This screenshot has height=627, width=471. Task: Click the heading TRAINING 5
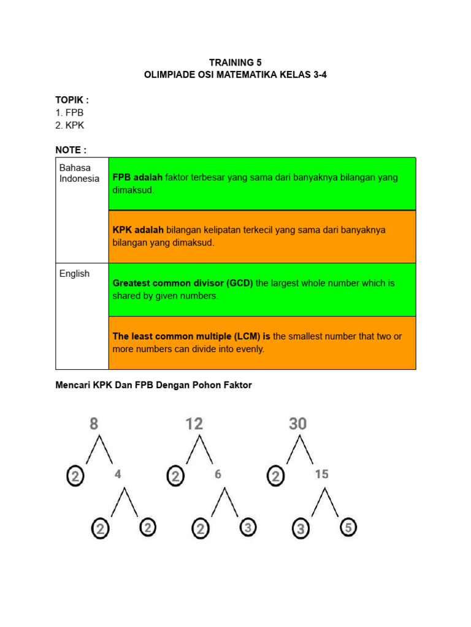231,62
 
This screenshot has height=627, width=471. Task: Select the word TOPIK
70,100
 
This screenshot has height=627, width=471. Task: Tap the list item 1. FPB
69,113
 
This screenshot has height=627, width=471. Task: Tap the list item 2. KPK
70,126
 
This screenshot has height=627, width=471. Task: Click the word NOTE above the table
69,150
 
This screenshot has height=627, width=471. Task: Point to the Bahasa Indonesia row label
79,173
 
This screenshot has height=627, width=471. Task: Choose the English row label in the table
74,274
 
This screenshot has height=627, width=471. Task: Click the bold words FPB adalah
137,178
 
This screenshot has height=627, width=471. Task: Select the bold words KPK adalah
138,230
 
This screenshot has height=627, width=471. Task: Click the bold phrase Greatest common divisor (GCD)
183,283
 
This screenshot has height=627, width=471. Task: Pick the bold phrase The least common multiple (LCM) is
191,336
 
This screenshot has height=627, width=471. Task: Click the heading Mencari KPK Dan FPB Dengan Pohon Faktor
153,386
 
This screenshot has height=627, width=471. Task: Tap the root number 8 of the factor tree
94,424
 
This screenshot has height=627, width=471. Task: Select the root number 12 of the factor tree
194,424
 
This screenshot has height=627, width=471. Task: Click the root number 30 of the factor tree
298,424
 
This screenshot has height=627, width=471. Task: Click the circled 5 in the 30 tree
348,527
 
